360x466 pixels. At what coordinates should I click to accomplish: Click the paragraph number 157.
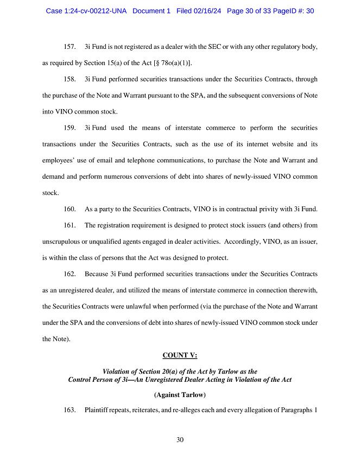click(70, 47)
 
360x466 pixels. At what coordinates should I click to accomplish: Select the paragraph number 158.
click(70, 79)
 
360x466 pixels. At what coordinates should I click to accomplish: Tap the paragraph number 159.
click(70, 128)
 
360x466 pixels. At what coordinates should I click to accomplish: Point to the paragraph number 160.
click(70, 209)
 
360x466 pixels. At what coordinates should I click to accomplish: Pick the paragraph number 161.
click(70, 225)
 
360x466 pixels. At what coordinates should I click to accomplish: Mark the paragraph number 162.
click(70, 274)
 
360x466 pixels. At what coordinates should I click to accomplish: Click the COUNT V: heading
click(180, 356)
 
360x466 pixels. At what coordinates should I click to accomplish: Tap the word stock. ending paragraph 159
click(50, 193)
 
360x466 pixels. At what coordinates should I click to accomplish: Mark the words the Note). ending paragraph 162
click(55, 338)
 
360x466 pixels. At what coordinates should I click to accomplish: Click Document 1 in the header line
click(153, 11)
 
